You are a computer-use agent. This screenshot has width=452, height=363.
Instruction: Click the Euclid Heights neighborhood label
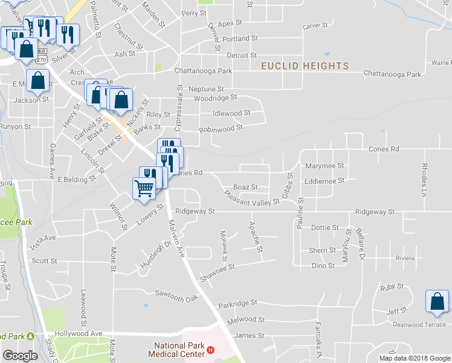305,65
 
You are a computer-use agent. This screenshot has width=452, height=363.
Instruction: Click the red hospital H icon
210,350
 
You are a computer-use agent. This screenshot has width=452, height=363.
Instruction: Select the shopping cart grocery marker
144,187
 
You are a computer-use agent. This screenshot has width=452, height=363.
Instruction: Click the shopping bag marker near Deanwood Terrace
437,301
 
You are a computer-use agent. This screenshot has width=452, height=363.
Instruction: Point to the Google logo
20,356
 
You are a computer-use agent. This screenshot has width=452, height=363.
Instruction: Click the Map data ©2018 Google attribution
415,358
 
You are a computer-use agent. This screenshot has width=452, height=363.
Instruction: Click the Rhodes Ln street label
425,175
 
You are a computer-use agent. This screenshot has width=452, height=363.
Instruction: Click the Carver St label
315,26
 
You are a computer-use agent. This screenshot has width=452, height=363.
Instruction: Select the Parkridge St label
238,302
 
